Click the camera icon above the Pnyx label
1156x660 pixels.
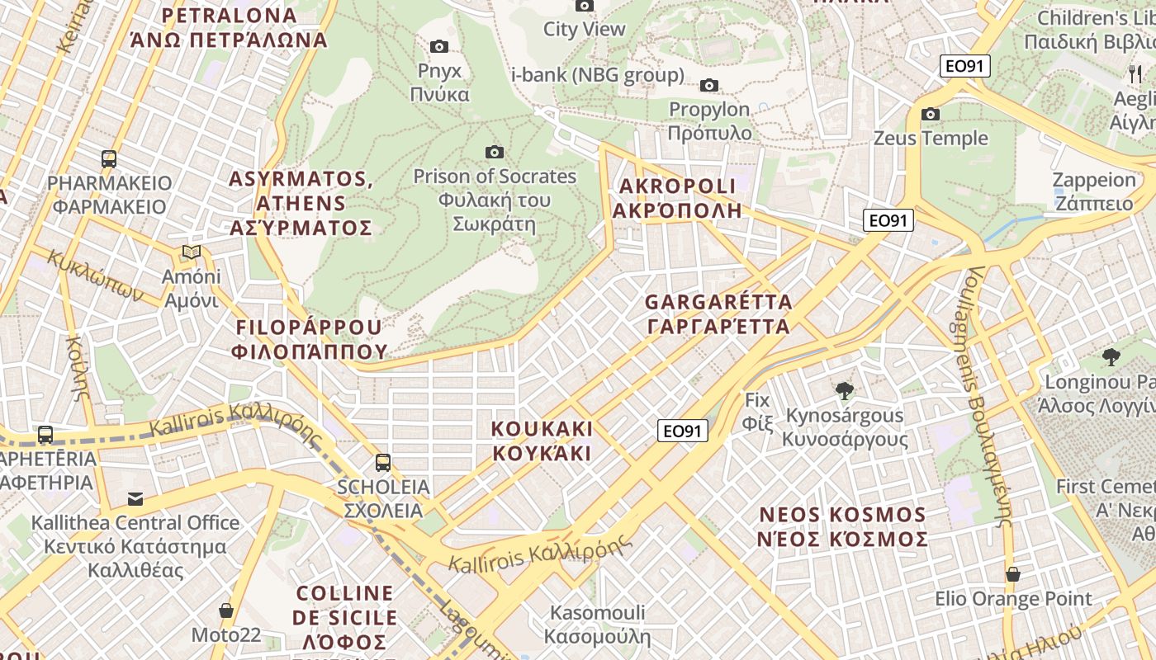439,46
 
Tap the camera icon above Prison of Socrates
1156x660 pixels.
495,152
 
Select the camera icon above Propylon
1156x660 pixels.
708,85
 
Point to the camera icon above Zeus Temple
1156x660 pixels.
931,114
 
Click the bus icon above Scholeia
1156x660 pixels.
383,462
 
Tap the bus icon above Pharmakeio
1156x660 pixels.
109,158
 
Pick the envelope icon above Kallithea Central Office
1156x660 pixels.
135,498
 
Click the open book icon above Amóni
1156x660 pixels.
192,252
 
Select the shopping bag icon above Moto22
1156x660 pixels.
226,610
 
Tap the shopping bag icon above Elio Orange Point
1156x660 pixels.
1012,574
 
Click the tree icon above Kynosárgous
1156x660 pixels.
844,390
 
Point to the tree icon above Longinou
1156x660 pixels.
1111,357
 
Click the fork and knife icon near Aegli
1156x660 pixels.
1135,73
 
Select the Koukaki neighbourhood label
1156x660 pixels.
542,441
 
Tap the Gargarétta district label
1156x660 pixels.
718,314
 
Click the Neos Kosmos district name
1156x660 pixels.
843,527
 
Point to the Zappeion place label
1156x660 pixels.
1094,191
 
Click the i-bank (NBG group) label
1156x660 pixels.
598,75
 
